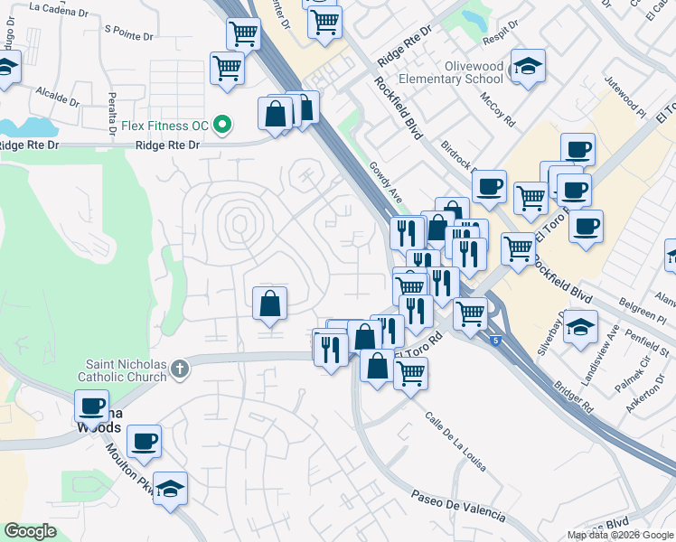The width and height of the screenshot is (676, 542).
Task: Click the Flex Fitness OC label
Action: pos(168,124)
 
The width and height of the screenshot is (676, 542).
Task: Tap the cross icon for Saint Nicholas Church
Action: pos(180,368)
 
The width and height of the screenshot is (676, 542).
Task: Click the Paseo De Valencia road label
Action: pos(458,506)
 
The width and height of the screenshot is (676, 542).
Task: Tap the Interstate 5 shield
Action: pos(496,340)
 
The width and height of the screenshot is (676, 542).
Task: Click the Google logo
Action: pos(31,531)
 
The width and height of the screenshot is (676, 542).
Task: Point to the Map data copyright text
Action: pos(619,535)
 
